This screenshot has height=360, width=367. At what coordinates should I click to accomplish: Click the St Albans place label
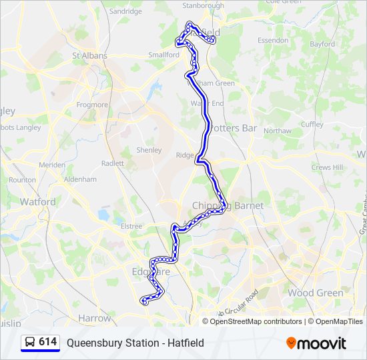pos(89,55)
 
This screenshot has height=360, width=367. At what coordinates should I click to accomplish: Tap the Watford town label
pos(37,201)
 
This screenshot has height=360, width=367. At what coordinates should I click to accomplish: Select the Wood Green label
pos(316,293)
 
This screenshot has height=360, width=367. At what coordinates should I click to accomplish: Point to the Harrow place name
pos(94,319)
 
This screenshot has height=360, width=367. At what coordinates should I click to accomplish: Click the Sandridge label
pos(125,11)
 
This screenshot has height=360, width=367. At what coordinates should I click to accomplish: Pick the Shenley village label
pos(149,150)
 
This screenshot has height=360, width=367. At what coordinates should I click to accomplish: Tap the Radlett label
pos(113,163)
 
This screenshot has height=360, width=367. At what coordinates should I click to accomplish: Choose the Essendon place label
pos(273,40)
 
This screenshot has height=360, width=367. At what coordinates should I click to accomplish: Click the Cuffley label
pos(312,124)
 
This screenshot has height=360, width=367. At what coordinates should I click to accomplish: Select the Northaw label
pos(278,131)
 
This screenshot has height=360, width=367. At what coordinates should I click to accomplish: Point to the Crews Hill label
pos(326,167)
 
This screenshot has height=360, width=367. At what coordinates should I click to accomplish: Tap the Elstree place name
pos(131,226)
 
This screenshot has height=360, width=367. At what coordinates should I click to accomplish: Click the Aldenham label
pos(81,179)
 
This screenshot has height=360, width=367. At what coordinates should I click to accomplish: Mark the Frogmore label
pos(92,105)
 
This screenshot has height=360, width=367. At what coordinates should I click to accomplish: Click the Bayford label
pos(322,44)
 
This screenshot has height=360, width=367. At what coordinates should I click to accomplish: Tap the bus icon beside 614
pos(30,343)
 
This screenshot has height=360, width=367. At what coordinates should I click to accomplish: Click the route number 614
pos(47,342)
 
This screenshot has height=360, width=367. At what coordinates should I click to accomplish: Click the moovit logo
pos(316,343)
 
